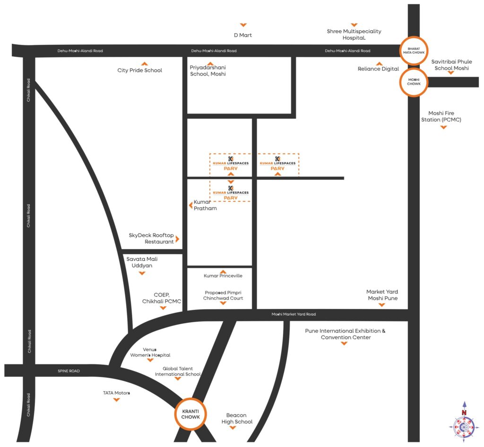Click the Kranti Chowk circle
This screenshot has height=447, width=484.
tap(191, 414)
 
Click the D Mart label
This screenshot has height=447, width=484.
tap(243, 35)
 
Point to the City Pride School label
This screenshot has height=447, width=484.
tap(139, 70)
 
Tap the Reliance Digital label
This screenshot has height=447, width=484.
tap(378, 69)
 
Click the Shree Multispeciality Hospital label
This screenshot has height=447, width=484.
tap(354, 34)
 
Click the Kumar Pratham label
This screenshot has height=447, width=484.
tap(205, 205)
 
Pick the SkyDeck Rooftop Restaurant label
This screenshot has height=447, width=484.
tap(151, 239)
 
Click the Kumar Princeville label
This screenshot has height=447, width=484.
tap(223, 275)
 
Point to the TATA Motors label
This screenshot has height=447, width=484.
tap(116, 393)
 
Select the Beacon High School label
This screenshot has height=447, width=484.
tap(237, 418)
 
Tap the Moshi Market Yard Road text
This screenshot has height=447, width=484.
tap(294, 314)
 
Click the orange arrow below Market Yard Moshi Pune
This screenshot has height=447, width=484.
tap(382, 305)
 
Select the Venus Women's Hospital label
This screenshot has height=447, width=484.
tap(150, 352)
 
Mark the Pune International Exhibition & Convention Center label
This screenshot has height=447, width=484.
tap(346, 334)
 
